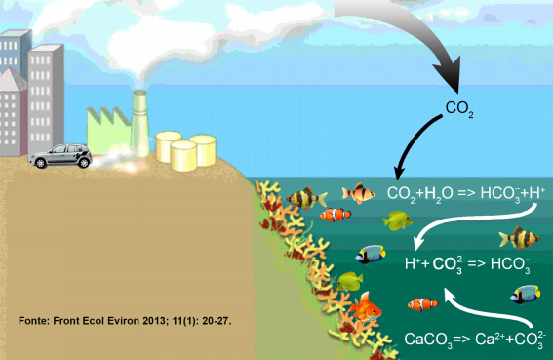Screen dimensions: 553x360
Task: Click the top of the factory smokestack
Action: point(140,93)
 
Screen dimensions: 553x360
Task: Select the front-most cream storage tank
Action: point(183,156)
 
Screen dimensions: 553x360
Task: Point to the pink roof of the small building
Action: point(12,80)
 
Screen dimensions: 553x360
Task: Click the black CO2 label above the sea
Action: point(459,108)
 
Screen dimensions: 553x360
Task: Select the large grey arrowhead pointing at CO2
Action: point(449,75)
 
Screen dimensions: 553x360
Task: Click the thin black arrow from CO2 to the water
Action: point(414,141)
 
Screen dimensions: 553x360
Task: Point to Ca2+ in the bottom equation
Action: point(490,339)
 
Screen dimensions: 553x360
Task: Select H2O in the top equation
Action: point(439,194)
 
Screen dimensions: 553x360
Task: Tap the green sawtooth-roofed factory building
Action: point(108,130)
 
